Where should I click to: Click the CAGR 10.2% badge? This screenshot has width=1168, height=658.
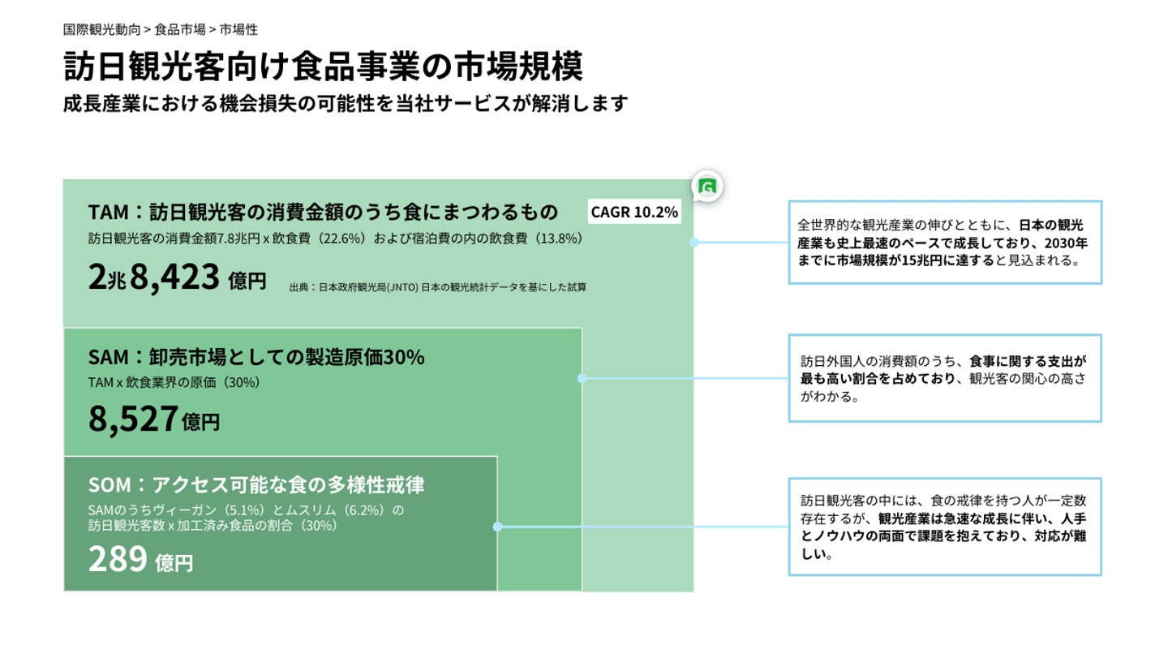(x=634, y=213)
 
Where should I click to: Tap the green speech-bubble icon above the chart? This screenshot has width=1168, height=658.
(x=707, y=187)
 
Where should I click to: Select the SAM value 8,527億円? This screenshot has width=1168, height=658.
(x=154, y=419)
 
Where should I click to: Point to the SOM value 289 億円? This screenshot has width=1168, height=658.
(x=140, y=559)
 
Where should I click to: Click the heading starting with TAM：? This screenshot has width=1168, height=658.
(x=323, y=213)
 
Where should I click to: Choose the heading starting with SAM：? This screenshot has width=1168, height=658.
(x=256, y=357)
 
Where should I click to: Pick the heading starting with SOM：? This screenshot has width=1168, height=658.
(x=256, y=485)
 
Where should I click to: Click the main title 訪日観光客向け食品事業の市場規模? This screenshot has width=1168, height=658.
(x=323, y=67)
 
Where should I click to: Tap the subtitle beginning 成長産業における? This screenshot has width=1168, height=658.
(x=346, y=105)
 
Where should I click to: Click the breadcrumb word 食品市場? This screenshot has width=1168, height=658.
(x=179, y=30)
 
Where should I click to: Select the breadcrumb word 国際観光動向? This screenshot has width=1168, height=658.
(x=101, y=30)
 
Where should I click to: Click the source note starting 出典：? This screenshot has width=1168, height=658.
(x=437, y=286)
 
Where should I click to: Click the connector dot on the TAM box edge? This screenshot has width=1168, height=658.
(x=693, y=242)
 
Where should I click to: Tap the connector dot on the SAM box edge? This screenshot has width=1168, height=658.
(x=582, y=378)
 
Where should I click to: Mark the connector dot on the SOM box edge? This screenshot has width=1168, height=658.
(x=497, y=527)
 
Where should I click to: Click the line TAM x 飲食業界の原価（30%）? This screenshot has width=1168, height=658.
(x=174, y=381)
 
